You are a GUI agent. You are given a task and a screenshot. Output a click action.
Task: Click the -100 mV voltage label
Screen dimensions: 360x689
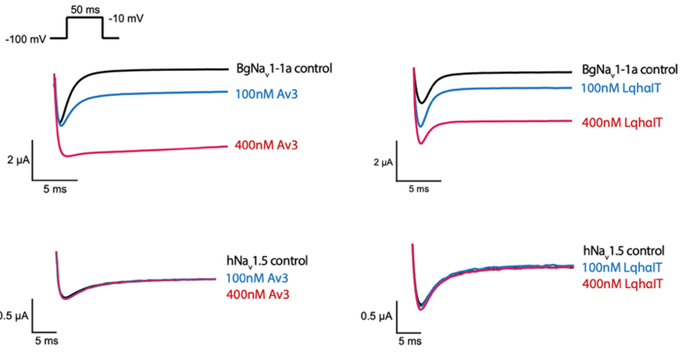[x=26, y=37]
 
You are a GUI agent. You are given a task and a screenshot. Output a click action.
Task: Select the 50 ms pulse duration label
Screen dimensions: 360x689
[x=84, y=6]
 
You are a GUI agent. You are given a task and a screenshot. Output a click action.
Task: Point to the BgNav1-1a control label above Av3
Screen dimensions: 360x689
[x=284, y=69]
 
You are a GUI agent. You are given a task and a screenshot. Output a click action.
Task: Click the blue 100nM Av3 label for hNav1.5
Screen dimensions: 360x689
[x=254, y=277]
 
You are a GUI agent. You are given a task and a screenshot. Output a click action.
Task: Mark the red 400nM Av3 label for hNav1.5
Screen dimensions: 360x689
[x=254, y=294]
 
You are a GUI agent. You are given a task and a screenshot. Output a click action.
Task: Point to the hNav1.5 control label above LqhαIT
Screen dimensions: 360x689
[x=623, y=251]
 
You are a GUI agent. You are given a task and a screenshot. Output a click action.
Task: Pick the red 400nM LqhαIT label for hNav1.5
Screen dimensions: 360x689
[x=623, y=281]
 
